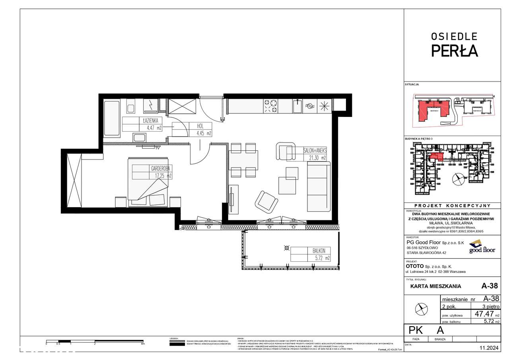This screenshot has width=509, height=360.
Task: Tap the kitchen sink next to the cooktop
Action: (296, 106)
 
